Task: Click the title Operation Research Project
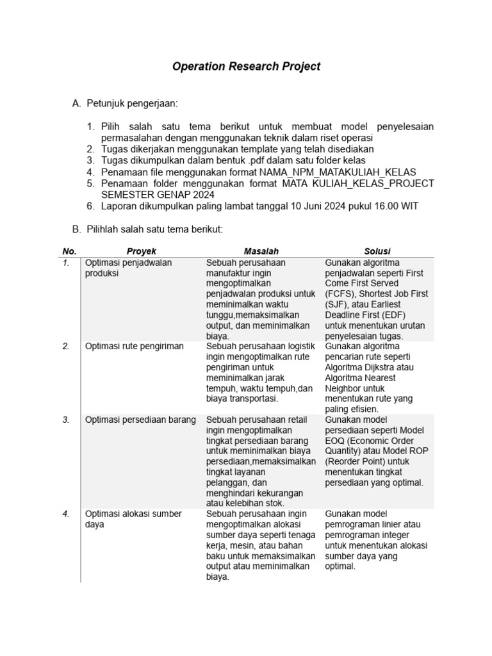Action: [246, 67]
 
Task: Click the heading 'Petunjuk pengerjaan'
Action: [131, 103]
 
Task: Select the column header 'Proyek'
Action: [141, 251]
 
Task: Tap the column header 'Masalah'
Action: [261, 251]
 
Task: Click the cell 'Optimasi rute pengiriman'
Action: [135, 347]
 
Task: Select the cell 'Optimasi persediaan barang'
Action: [140, 420]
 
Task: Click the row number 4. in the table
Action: [67, 514]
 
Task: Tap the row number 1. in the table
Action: [67, 263]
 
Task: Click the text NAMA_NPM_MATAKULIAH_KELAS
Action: [338, 172]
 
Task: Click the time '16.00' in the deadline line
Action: [373, 206]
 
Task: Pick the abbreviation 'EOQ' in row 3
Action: [337, 441]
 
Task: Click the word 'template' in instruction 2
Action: [268, 149]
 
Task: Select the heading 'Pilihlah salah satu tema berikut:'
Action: [154, 229]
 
